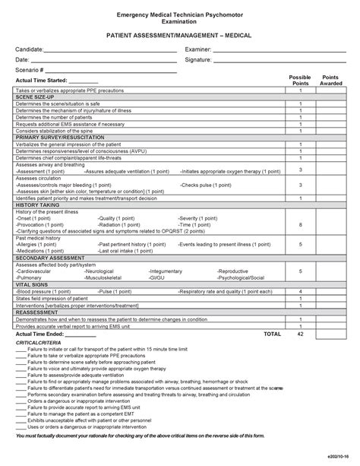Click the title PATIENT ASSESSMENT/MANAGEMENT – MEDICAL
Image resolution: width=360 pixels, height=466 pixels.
click(x=180, y=36)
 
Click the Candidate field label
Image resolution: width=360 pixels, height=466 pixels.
click(x=30, y=49)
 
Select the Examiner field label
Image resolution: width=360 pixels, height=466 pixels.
click(x=198, y=49)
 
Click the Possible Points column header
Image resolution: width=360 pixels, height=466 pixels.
click(x=300, y=81)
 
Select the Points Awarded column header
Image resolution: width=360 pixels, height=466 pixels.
click(x=331, y=81)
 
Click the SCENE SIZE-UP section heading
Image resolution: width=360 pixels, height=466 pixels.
click(x=35, y=97)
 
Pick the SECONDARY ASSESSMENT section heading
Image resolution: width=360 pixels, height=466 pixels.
click(x=48, y=258)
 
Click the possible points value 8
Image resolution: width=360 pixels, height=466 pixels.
click(x=300, y=225)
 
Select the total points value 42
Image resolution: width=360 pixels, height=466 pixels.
click(x=300, y=334)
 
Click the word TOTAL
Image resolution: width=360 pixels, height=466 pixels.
click(x=271, y=334)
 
